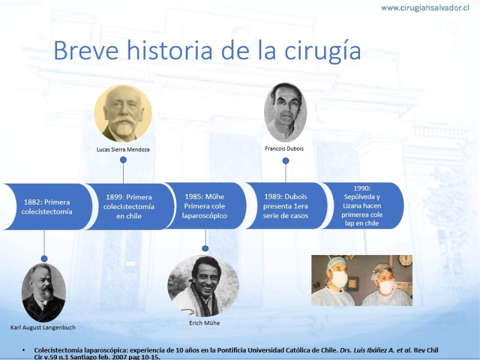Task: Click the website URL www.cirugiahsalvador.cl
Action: [425, 8]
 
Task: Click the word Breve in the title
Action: [86, 50]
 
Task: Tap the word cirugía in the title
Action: [323, 52]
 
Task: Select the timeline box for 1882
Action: [46, 206]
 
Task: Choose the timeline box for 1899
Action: [129, 206]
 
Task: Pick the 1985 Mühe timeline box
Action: [205, 206]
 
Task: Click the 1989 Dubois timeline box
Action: [286, 206]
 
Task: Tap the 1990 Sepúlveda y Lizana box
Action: [362, 206]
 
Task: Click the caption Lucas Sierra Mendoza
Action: [123, 149]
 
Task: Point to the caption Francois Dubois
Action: [284, 149]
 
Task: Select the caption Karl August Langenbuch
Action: [43, 328]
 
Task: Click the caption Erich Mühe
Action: [205, 323]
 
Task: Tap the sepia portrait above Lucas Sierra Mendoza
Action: [123, 113]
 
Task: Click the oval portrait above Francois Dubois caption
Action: [286, 112]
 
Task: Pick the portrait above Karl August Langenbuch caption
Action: [44, 292]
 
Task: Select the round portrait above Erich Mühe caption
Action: [203, 286]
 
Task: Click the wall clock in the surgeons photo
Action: [406, 260]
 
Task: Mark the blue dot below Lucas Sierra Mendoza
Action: [124, 160]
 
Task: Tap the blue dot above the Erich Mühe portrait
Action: [205, 248]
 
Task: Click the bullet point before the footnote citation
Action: [24, 350]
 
